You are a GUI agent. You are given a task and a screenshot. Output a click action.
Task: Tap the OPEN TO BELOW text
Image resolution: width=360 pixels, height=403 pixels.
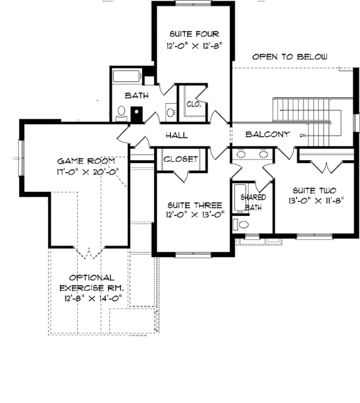point(290,58)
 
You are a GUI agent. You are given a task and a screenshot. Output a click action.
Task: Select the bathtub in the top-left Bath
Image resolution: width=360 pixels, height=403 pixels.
point(127,77)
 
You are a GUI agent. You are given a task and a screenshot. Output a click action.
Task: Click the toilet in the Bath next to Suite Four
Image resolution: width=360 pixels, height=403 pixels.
point(120,113)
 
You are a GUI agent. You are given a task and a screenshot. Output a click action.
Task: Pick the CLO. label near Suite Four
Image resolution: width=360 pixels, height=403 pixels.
point(193,104)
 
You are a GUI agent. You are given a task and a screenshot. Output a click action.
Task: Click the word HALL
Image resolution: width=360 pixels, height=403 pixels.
point(176,135)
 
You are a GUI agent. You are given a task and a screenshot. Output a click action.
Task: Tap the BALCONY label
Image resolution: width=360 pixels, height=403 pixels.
point(268,134)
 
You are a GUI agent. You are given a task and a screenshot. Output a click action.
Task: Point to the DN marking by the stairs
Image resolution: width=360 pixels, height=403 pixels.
point(303,136)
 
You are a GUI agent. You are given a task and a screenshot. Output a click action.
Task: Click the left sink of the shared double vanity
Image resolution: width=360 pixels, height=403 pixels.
point(241,154)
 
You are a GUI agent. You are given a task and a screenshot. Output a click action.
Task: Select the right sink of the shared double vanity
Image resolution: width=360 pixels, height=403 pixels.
point(263,154)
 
